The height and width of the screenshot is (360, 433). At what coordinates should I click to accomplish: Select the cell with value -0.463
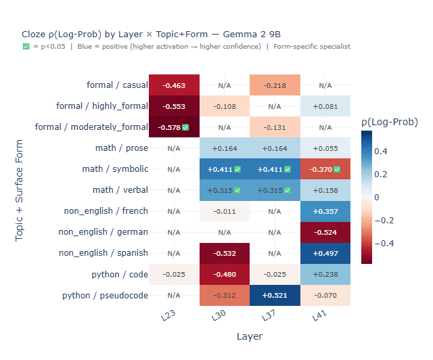point(174,85)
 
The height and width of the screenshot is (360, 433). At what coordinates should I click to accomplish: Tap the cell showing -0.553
point(174,106)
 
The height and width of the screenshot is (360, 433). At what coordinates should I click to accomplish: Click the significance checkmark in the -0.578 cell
point(185,127)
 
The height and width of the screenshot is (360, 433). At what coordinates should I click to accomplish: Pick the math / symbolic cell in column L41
point(325,169)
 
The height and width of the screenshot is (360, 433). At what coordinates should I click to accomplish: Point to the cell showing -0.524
point(325,232)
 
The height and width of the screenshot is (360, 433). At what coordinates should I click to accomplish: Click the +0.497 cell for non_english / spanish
point(325,253)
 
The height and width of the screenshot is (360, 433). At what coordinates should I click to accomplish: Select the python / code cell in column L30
point(225,274)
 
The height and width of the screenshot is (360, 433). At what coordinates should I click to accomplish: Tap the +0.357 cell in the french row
point(325,211)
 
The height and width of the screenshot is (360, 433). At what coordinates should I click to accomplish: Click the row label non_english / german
point(104,232)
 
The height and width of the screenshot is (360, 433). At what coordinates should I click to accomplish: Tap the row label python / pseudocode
point(105,295)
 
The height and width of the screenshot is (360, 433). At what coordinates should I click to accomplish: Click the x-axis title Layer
point(250,336)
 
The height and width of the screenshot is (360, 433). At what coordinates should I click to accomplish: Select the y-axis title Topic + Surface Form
point(20,190)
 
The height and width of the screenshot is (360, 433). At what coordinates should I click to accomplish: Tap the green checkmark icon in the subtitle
point(26,47)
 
